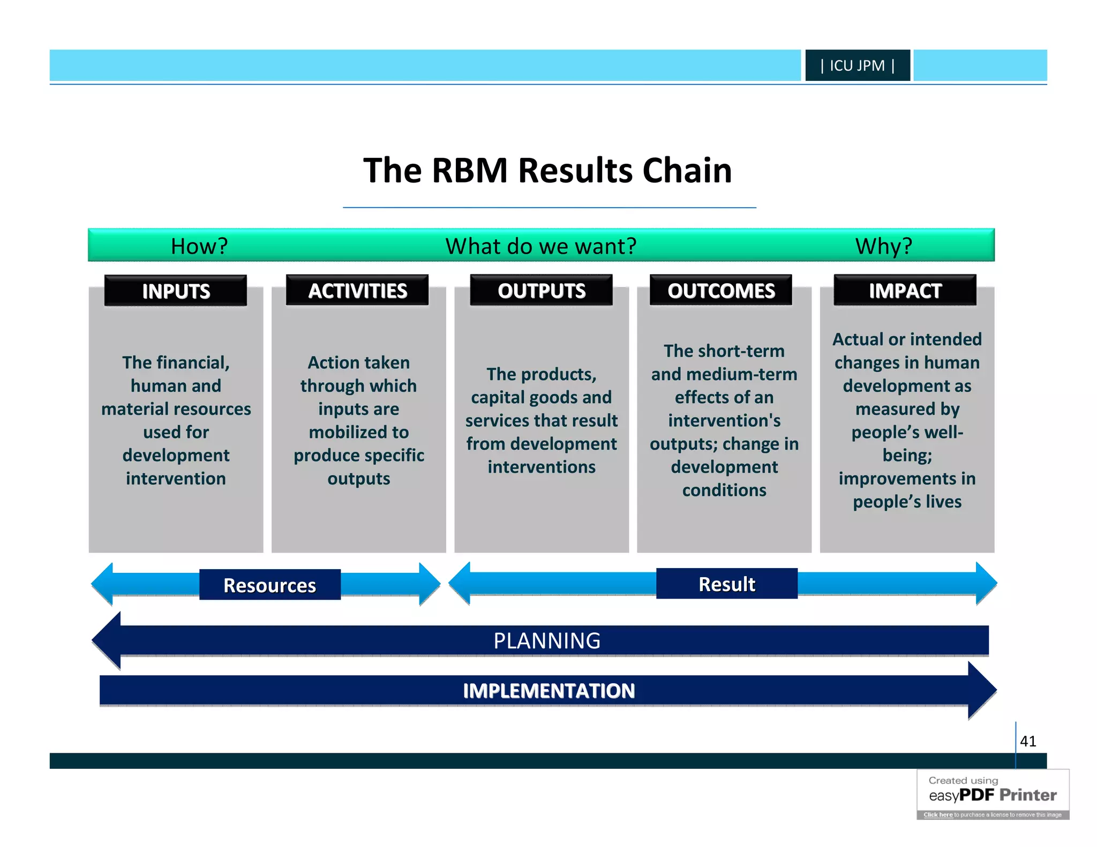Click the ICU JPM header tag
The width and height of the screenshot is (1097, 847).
(857, 65)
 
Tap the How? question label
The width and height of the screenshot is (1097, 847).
(199, 246)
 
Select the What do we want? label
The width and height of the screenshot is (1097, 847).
(541, 246)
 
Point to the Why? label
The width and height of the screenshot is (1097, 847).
(883, 246)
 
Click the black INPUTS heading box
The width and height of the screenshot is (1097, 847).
(176, 291)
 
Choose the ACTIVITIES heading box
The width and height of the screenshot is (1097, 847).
(357, 290)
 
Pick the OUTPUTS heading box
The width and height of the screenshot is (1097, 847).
(541, 290)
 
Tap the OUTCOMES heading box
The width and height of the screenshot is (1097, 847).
(721, 290)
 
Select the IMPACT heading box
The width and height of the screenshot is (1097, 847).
(905, 290)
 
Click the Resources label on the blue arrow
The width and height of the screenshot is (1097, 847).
(270, 585)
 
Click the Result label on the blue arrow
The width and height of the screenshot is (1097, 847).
(727, 584)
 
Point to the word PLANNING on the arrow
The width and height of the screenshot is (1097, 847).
(547, 641)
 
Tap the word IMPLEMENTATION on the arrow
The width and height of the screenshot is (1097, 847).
(548, 691)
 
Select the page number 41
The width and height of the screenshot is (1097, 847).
(1028, 741)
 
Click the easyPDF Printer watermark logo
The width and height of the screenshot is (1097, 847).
(993, 795)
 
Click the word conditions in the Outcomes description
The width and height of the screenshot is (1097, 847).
(724, 490)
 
